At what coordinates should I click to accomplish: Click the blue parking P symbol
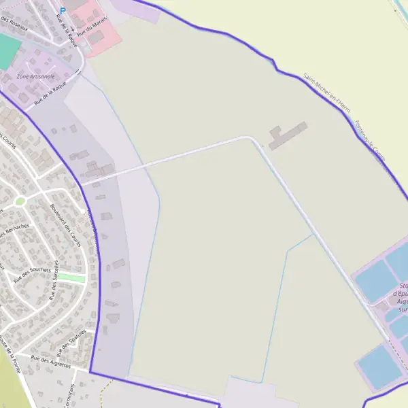[63, 10]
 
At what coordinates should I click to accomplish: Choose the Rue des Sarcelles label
[53, 281]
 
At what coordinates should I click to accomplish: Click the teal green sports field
[7, 50]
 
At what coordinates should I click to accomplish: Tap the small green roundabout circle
[20, 201]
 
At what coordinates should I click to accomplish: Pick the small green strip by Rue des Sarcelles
[71, 278]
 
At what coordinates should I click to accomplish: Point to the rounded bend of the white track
[252, 139]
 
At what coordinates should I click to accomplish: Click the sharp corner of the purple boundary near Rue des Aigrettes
[90, 373]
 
